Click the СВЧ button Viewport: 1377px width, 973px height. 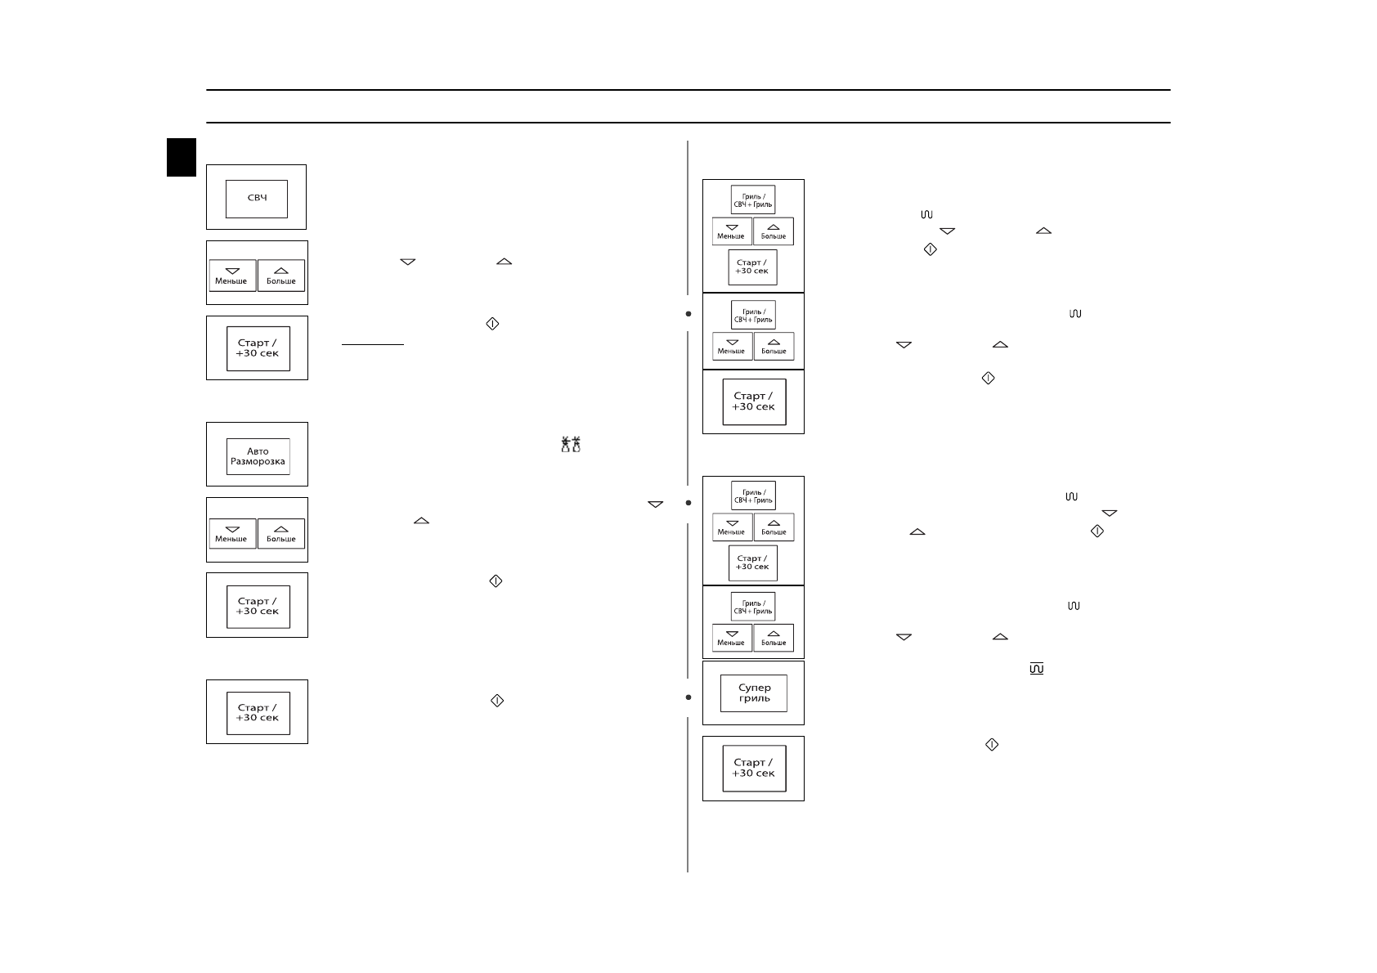click(x=257, y=199)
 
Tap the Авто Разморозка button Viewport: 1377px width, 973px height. click(x=258, y=456)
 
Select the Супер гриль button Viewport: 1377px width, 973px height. click(x=753, y=693)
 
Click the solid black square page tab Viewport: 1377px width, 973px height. click(x=182, y=157)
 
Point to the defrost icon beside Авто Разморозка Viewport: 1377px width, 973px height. click(x=571, y=445)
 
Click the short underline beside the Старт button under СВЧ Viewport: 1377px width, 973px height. click(x=373, y=345)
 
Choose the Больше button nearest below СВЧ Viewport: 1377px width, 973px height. click(x=281, y=276)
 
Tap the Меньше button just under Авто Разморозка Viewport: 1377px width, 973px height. click(x=232, y=533)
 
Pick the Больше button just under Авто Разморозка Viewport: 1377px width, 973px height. click(x=281, y=533)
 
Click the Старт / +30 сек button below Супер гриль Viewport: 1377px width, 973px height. click(x=753, y=769)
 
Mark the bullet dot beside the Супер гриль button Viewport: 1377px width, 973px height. click(x=688, y=697)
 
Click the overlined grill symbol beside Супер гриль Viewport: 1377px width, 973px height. click(x=1037, y=669)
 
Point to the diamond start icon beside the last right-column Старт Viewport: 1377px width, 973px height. click(x=992, y=745)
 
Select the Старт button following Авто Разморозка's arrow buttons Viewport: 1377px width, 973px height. click(x=258, y=606)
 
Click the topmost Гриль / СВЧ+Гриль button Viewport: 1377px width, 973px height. click(x=752, y=200)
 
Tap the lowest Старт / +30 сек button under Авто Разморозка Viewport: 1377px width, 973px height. click(x=258, y=712)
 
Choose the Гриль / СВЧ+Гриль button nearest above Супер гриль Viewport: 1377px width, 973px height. click(x=752, y=608)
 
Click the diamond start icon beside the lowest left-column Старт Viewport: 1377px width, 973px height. click(x=496, y=701)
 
